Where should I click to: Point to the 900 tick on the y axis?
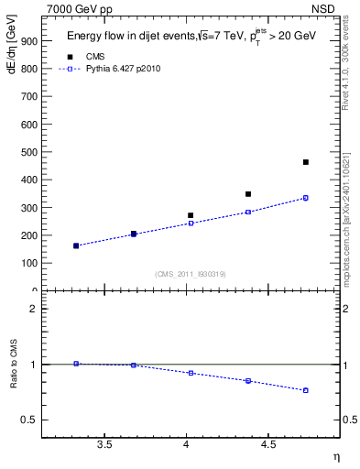[28, 41]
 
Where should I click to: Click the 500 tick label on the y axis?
[28, 152]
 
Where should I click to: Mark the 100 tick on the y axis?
[28, 263]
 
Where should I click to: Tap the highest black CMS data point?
[306, 162]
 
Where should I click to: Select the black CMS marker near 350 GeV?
[248, 194]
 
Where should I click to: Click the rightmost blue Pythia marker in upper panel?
[306, 198]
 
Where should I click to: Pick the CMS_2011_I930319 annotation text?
[191, 273]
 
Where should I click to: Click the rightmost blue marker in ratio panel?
[306, 390]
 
